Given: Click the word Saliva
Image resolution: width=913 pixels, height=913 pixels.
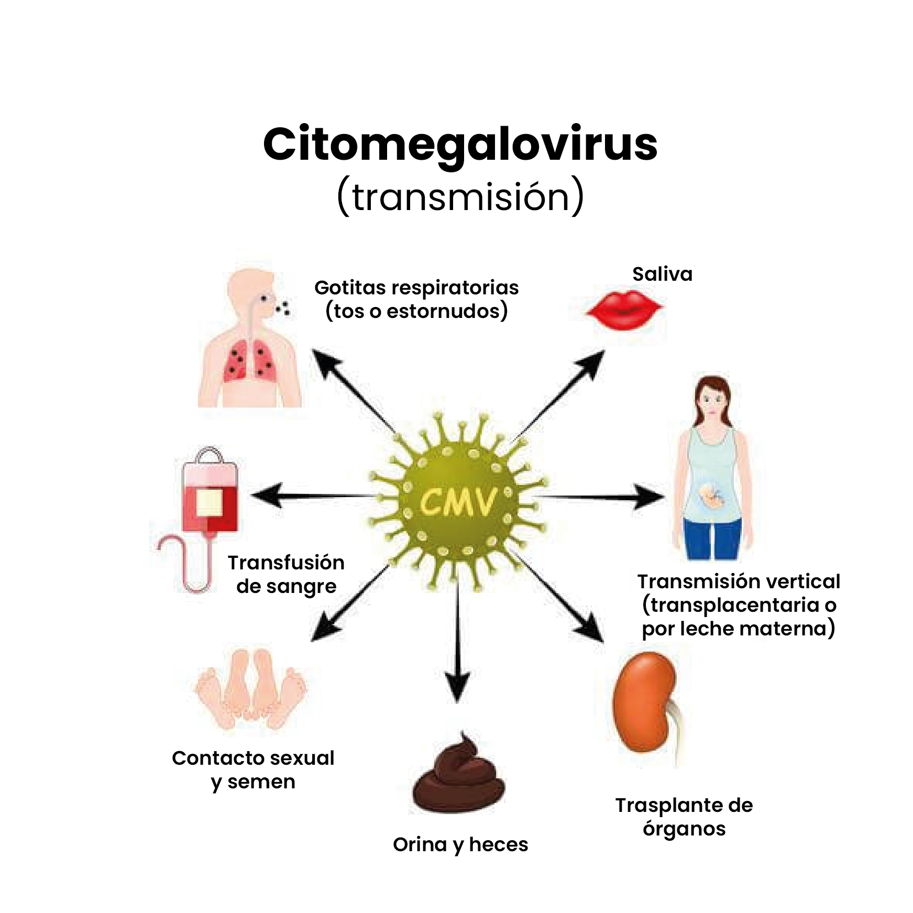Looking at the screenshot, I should pos(662,274).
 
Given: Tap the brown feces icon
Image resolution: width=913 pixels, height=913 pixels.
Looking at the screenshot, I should pos(458,776).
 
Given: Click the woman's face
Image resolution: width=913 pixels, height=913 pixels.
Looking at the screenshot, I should pos(712,401).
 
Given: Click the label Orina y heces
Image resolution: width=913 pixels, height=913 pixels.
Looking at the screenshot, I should pos(460,844).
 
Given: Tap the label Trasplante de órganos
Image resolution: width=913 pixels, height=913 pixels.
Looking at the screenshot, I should pos(684,817).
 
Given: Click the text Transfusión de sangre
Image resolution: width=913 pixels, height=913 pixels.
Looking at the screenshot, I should pos(286,574).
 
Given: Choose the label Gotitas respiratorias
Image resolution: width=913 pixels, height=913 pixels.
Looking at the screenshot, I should pos(416,288).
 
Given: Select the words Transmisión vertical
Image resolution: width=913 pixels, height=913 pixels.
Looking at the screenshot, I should pos(738,581).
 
